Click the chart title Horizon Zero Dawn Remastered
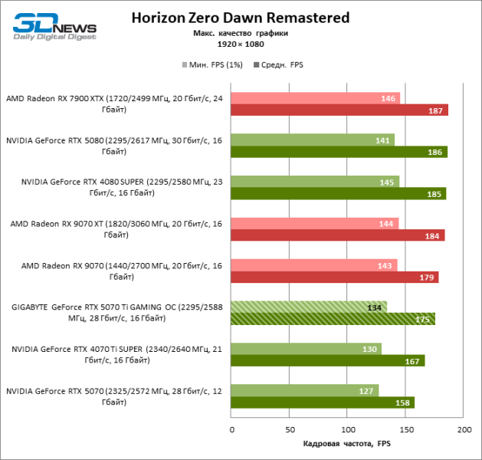tap(241, 17)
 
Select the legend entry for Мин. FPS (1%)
tap(213, 65)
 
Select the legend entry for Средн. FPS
tap(279, 65)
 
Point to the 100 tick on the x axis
tap(348, 429)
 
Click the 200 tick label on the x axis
tap(464, 429)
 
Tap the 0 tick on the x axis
tap(232, 429)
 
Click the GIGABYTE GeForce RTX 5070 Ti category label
tap(116, 312)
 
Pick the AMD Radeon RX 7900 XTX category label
tap(116, 103)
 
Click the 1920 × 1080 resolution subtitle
tap(241, 45)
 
